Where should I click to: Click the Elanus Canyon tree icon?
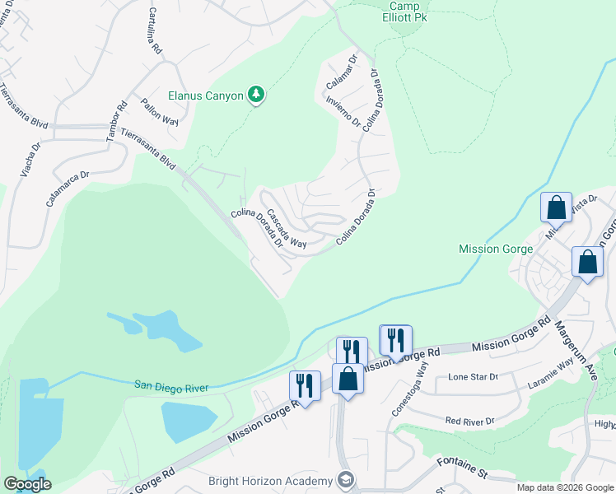257,96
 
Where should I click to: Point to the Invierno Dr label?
343,112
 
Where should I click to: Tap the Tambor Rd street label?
117,121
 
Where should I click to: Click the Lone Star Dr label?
473,377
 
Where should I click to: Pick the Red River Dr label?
469,421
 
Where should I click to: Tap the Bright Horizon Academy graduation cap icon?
346,481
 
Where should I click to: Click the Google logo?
26,484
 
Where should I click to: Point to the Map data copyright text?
565,487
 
